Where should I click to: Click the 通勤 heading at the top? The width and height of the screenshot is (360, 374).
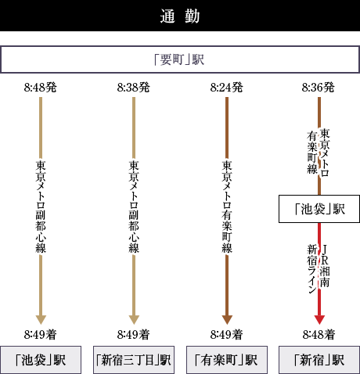point(180,16)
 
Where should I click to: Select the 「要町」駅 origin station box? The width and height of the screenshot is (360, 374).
point(180,59)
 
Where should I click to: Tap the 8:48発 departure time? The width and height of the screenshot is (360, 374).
point(41,88)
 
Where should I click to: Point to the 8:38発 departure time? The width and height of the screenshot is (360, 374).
point(134,88)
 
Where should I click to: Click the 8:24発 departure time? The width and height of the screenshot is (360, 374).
point(227,88)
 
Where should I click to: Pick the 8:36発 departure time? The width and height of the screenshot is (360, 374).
point(319,88)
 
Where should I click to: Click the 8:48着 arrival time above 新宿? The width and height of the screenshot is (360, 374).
point(319,335)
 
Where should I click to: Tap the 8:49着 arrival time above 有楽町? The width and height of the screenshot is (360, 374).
point(227,335)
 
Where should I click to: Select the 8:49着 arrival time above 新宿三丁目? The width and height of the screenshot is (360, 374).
point(134,335)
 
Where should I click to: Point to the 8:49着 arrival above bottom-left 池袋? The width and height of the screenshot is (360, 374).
point(41,335)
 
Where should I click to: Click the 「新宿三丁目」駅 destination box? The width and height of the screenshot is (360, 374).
point(134,360)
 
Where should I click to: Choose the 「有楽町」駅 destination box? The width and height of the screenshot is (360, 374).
point(227,360)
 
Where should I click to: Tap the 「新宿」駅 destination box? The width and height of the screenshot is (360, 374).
point(319,360)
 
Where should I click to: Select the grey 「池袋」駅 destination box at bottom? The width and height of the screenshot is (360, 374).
point(41,360)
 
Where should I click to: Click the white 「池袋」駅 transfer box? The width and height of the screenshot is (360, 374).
point(319,209)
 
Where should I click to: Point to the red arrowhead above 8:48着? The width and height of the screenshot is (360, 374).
point(319,320)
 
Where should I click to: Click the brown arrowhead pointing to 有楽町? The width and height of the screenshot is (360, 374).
point(227,320)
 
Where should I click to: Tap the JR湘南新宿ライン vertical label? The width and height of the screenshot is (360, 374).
point(319,268)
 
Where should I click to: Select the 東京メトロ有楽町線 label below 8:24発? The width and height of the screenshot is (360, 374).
point(227,207)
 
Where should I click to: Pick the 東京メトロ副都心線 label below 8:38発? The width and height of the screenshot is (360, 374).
point(134,207)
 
